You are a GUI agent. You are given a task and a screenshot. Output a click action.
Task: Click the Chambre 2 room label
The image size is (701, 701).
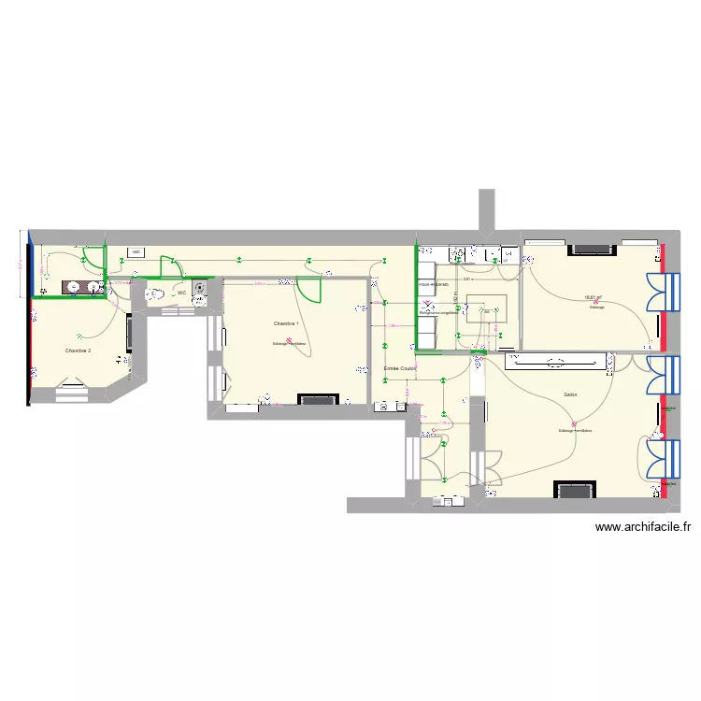78,350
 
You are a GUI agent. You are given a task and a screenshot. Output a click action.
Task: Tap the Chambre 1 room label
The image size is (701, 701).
286,323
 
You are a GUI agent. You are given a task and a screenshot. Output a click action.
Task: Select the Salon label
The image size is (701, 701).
570,394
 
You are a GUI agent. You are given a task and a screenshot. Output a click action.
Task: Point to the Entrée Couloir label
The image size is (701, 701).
400,368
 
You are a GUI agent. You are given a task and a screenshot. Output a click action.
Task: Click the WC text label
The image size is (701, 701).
181,293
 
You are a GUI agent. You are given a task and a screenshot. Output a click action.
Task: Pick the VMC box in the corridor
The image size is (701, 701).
136,252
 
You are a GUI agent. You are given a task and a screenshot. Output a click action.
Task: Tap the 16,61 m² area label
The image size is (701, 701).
593,298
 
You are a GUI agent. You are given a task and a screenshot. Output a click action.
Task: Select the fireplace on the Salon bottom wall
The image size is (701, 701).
573,491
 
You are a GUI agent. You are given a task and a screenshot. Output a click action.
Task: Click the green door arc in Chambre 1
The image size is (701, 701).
310,292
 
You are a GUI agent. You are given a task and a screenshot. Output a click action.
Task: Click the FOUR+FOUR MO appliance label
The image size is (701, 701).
434,283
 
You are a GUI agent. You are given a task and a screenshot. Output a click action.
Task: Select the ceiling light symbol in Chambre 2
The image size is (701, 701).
82,336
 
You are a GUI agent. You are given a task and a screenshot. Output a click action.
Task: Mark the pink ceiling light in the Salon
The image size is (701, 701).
575,425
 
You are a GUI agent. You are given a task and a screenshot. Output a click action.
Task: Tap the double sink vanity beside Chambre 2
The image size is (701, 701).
81,287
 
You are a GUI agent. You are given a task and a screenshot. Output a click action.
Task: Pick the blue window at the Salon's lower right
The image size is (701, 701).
670,459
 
